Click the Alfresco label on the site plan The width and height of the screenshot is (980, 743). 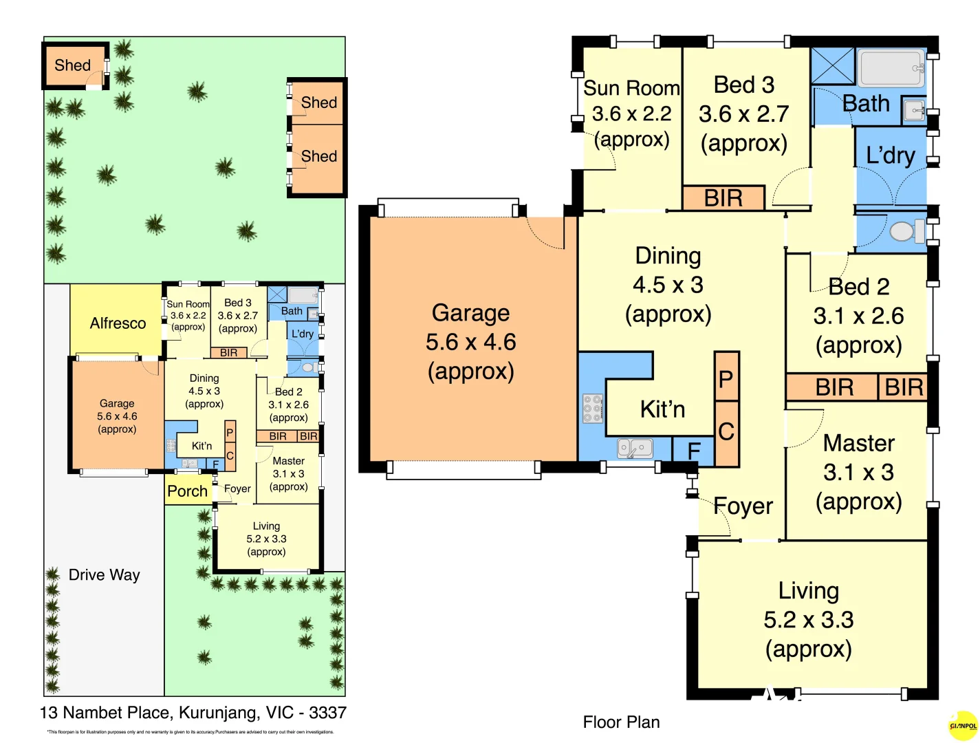click(118, 323)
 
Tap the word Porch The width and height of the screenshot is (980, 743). click(187, 491)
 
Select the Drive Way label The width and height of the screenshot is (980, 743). click(104, 575)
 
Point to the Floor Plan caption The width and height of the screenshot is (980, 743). click(621, 722)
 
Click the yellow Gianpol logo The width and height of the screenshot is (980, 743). click(963, 726)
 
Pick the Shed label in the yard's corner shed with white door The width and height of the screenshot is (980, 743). click(72, 65)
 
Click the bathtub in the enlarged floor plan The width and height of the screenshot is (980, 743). click(891, 67)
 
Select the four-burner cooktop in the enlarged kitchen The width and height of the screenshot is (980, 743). click(592, 408)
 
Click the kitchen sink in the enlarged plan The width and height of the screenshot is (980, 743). click(635, 449)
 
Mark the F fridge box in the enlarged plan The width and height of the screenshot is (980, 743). click(694, 450)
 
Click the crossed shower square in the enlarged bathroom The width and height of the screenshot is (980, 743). click(832, 66)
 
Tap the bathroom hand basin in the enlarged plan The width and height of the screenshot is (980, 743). click(914, 110)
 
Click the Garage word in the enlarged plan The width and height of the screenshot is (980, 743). click(470, 313)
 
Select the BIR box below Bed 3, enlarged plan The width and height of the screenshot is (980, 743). click(723, 198)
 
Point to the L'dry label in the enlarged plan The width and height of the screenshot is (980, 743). click(890, 155)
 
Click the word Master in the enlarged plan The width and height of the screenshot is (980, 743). click(858, 443)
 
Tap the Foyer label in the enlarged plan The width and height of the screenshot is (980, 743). click(743, 506)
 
